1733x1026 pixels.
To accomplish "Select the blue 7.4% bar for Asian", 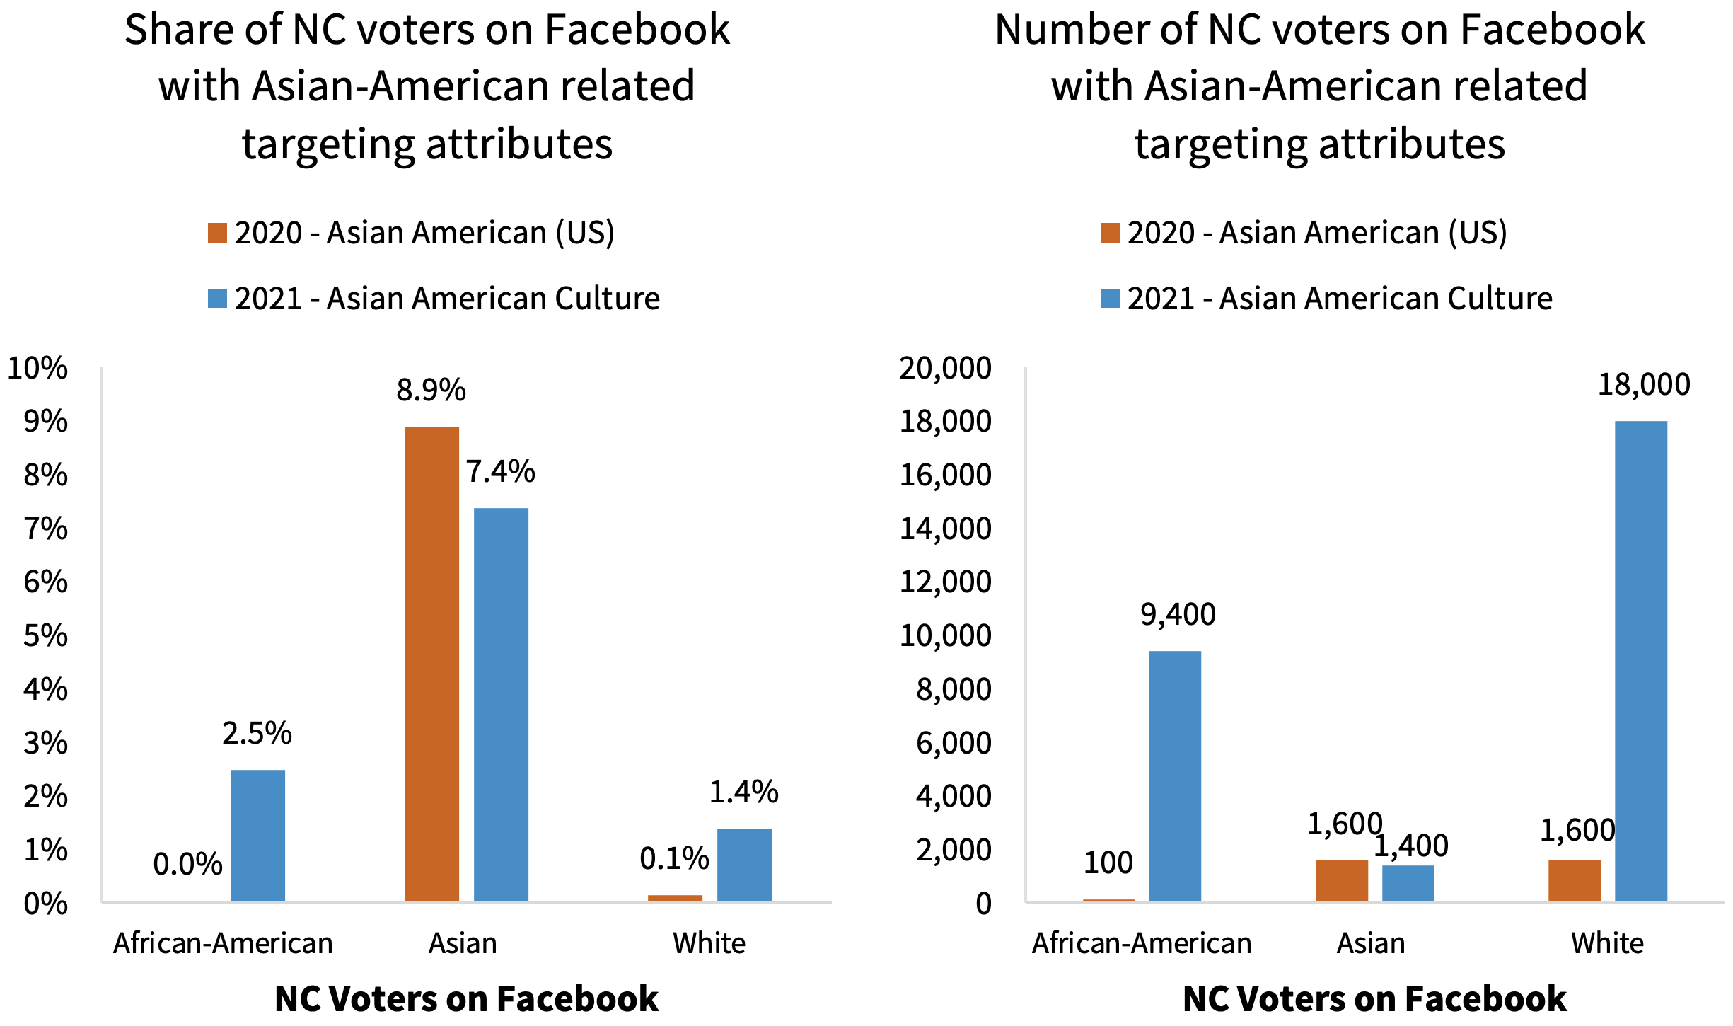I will pos(501,704).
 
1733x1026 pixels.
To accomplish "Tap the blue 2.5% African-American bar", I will pos(257,835).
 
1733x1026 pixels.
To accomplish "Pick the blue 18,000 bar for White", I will pos(1641,661).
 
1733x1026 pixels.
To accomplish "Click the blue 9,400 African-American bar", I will pos(1174,776).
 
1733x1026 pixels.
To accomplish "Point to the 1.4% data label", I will pos(743,792).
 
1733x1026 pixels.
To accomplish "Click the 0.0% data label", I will pos(187,864).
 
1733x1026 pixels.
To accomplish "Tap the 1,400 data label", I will pos(1410,846).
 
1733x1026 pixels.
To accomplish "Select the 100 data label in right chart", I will pos(1108,863).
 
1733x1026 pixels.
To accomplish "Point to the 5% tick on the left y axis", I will pos(46,635).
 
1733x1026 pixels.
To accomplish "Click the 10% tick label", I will pos(37,368).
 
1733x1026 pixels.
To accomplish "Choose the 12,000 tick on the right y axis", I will pos(945,582).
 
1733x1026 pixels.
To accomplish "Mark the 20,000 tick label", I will pos(945,368).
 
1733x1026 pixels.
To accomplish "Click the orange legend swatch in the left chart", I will pos(217,233).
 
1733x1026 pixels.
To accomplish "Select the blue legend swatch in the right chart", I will pos(1110,298).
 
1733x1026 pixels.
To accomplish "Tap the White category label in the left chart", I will pos(709,943).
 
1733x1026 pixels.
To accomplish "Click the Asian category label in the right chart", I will pos(1370,943).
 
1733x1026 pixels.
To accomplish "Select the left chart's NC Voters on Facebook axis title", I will pos(466,998).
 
